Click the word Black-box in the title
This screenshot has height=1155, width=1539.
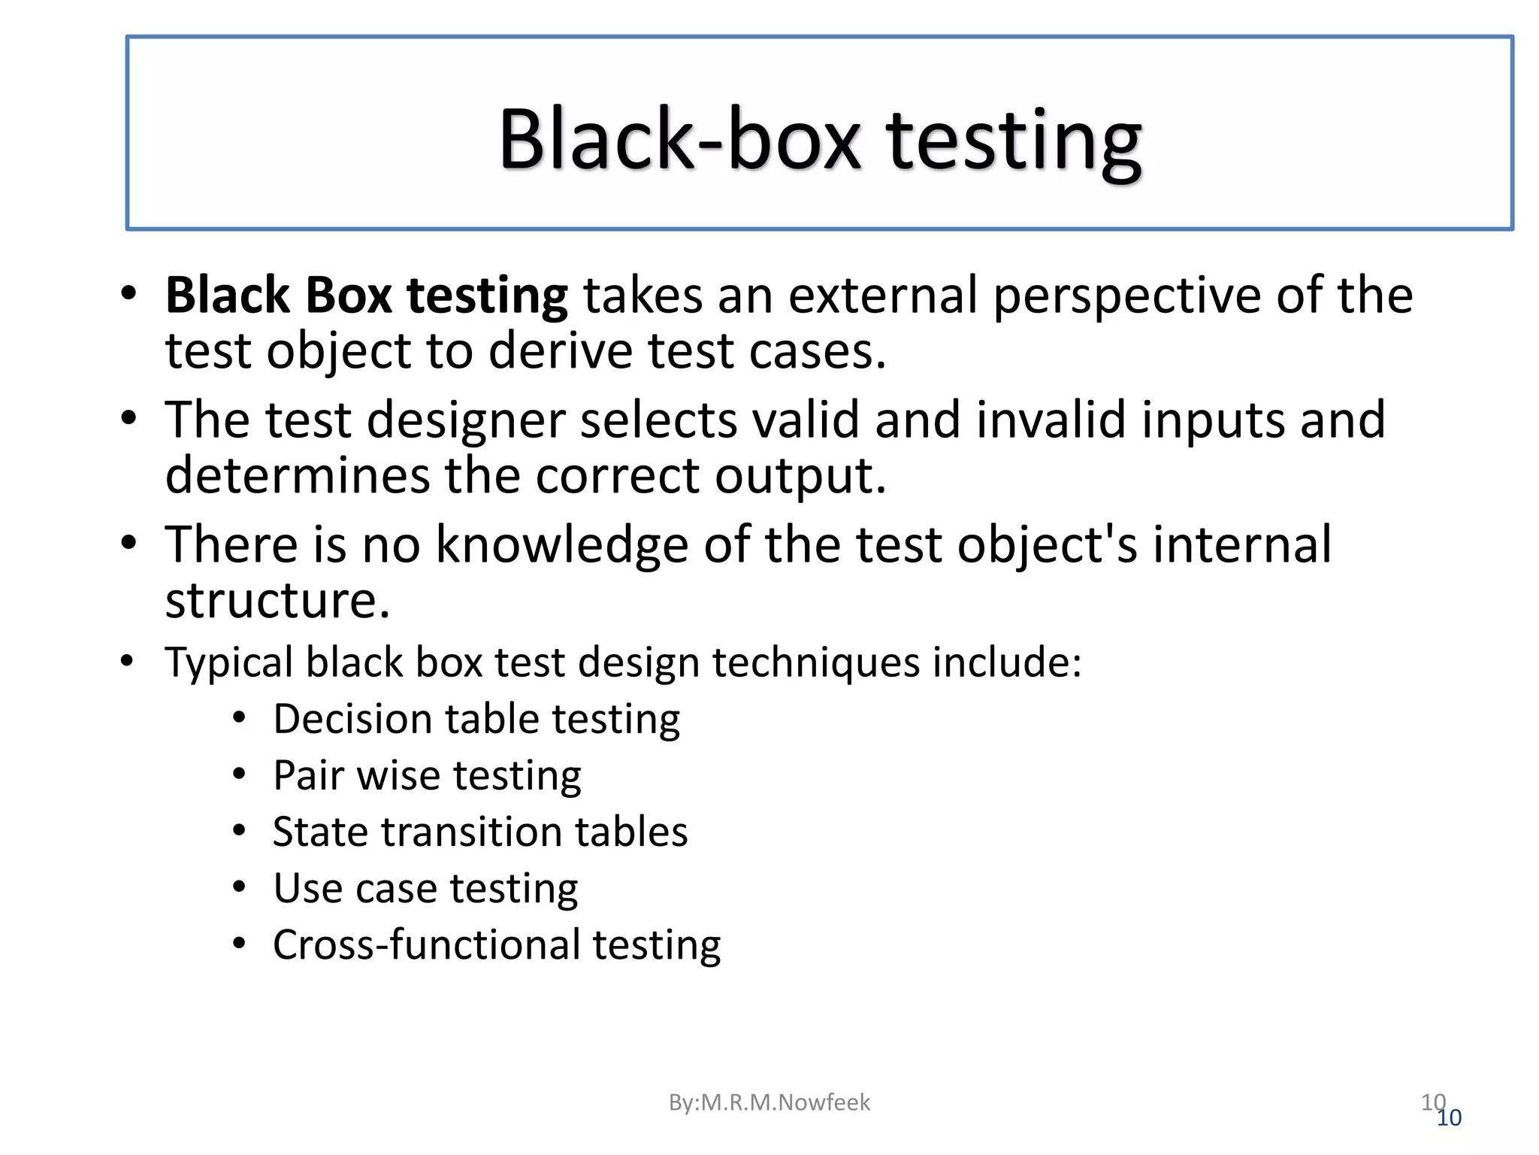coord(678,140)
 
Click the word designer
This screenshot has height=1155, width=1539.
coord(465,421)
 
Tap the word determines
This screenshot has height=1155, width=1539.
coord(297,475)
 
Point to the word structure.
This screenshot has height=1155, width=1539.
coord(277,601)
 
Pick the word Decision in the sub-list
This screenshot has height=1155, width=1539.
coord(352,720)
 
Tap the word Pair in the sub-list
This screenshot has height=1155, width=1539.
coord(308,775)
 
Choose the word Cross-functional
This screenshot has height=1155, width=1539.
coord(427,945)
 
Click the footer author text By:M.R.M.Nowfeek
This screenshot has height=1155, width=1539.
coord(769,1102)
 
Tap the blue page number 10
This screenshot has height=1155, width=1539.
coord(1449,1118)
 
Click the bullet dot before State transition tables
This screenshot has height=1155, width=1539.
coord(239,832)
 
